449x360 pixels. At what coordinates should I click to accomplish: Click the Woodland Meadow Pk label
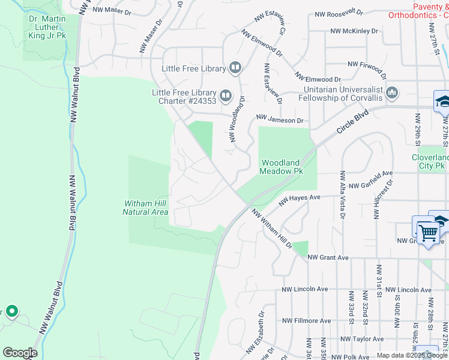coord(281,167)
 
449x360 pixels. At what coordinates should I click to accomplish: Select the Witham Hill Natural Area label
coord(145,208)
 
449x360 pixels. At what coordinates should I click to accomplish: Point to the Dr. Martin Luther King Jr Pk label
coord(44,27)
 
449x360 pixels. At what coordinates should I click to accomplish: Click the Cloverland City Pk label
coord(429,161)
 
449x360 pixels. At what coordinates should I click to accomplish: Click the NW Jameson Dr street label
coord(280,120)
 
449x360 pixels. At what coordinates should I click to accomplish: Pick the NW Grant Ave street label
coord(328,257)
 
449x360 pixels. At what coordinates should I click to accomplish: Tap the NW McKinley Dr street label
coord(354,31)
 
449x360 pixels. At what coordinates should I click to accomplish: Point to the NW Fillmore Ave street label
coord(307,321)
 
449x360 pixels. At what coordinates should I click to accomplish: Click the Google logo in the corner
coord(20,353)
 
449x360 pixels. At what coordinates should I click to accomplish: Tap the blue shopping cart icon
coord(427,232)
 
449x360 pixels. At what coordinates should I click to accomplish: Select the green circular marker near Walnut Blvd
coord(11,311)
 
